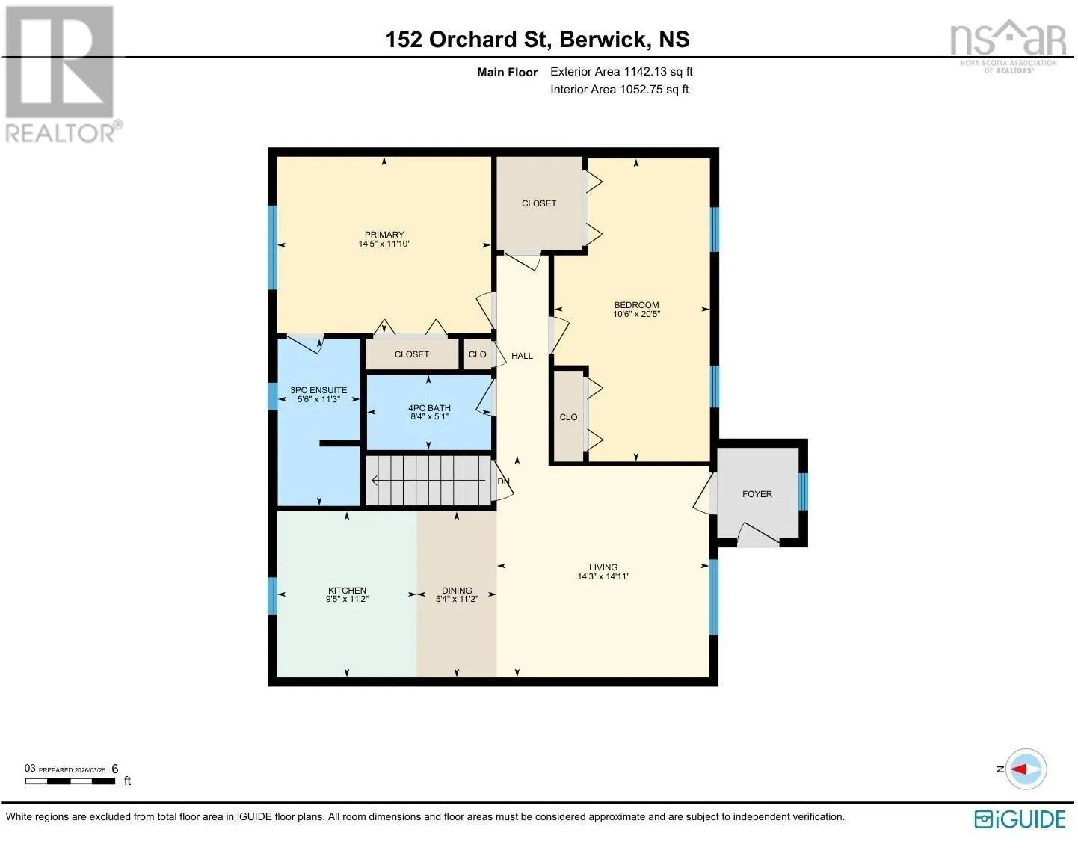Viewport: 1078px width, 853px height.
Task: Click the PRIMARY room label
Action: pyautogui.click(x=384, y=235)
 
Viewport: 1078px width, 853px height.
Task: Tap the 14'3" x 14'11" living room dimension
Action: pyautogui.click(x=603, y=576)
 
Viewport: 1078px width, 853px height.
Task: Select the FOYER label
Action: pyautogui.click(x=757, y=494)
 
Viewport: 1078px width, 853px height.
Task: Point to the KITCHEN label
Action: pyautogui.click(x=347, y=590)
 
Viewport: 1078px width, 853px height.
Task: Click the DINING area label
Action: pyautogui.click(x=457, y=590)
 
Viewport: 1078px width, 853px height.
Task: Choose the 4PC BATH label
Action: pyautogui.click(x=429, y=407)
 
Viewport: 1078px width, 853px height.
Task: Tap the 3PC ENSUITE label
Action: pyautogui.click(x=318, y=389)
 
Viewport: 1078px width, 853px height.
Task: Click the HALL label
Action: pyautogui.click(x=522, y=356)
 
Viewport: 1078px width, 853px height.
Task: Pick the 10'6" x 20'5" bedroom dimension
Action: pyautogui.click(x=636, y=314)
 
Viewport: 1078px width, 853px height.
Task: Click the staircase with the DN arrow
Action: pyautogui.click(x=429, y=481)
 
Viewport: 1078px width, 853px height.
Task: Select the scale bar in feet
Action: pyautogui.click(x=70, y=781)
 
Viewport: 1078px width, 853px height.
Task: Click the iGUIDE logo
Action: pyautogui.click(x=1020, y=819)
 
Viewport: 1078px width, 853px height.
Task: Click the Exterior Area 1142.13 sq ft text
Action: pyautogui.click(x=621, y=71)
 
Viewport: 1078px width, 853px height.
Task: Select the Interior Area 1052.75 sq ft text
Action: pyautogui.click(x=619, y=89)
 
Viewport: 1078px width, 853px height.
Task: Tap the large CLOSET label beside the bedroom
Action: pyautogui.click(x=539, y=203)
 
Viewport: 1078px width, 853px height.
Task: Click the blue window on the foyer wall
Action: pyautogui.click(x=802, y=491)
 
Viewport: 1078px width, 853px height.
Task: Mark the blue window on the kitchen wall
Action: pyautogui.click(x=273, y=596)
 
